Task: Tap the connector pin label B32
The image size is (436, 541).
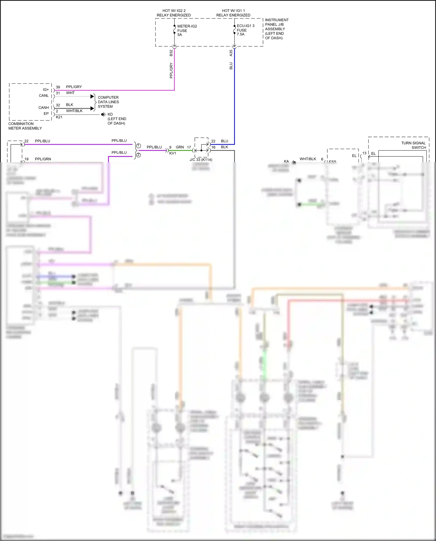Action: pyautogui.click(x=171, y=53)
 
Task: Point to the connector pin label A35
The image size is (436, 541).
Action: pyautogui.click(x=231, y=53)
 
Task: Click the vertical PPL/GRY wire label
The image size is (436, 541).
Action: pyautogui.click(x=171, y=70)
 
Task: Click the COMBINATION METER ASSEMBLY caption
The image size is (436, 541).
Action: pyautogui.click(x=25, y=126)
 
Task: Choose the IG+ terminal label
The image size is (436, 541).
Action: pyautogui.click(x=46, y=90)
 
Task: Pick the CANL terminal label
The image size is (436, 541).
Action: pyautogui.click(x=44, y=96)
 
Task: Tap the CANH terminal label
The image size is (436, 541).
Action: pyautogui.click(x=44, y=108)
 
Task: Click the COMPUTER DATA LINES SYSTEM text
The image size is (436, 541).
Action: pyautogui.click(x=108, y=102)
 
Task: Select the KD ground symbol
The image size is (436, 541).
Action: pyautogui.click(x=103, y=115)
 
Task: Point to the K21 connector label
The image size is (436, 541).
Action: pyautogui.click(x=59, y=117)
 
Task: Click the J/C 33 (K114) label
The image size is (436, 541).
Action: pyautogui.click(x=201, y=160)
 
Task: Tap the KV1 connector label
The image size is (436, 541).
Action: pyautogui.click(x=173, y=153)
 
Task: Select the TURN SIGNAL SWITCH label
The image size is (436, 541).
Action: pyautogui.click(x=413, y=145)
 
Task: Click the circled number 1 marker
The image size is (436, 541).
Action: pyautogui.click(x=139, y=146)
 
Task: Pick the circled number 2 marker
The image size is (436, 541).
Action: pyautogui.click(x=139, y=155)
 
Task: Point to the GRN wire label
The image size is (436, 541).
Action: pyautogui.click(x=180, y=147)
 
